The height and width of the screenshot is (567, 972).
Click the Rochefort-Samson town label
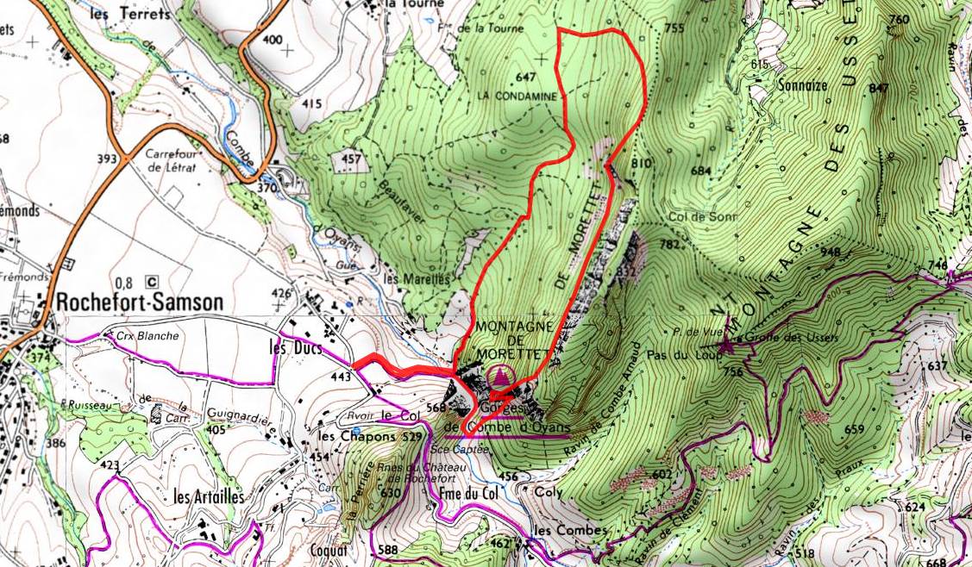point(139,302)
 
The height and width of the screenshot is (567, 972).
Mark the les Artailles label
point(209,496)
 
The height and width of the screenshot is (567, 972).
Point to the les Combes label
point(570,529)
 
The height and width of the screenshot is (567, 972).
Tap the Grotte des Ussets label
point(787,339)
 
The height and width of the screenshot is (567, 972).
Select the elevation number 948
point(830,252)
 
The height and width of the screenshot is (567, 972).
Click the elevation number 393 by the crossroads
point(107,159)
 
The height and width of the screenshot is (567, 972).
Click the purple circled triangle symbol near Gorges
point(499,376)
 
